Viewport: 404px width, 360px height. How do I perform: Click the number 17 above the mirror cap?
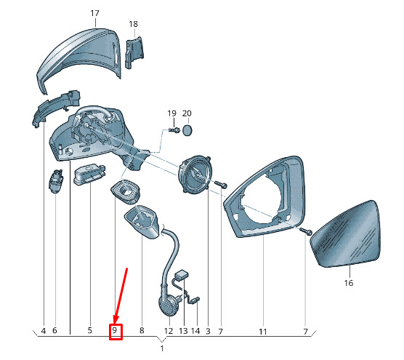(x=94, y=13)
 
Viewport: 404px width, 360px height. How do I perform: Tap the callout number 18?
(x=133, y=24)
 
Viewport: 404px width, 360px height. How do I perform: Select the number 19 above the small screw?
(x=172, y=113)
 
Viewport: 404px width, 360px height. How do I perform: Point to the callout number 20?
(x=187, y=113)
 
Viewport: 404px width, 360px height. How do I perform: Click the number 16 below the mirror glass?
(x=349, y=283)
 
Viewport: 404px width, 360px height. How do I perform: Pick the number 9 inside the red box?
(x=115, y=330)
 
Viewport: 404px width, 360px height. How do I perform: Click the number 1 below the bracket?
(x=162, y=348)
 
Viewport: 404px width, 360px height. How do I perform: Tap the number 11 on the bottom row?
(x=262, y=332)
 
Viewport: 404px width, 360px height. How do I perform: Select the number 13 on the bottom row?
(x=183, y=331)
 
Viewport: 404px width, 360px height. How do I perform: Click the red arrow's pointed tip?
(x=115, y=323)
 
